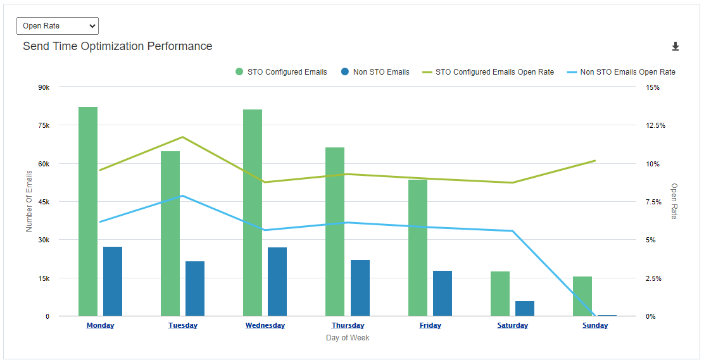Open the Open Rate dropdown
click(58, 26)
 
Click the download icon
click(676, 46)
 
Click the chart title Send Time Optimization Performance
click(117, 46)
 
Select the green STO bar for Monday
click(88, 211)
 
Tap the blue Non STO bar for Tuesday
click(195, 289)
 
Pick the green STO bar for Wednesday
click(253, 213)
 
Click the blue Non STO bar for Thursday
click(360, 288)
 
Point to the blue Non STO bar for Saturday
click(525, 309)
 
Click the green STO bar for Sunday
click(582, 296)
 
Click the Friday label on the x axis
click(431, 325)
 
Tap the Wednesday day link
click(265, 325)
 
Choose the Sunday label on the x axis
click(595, 325)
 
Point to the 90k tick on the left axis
click(44, 87)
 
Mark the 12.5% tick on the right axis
click(655, 125)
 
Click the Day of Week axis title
click(348, 338)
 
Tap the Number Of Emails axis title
click(29, 201)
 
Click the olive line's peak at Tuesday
click(182, 137)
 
